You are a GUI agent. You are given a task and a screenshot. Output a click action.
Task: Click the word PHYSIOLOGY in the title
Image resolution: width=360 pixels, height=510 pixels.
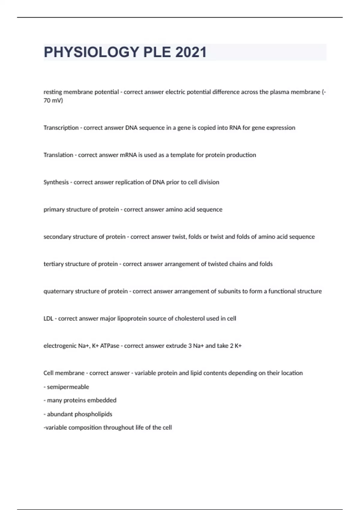tap(91, 52)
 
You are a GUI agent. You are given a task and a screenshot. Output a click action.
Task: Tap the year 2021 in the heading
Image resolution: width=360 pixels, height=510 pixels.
tap(191, 52)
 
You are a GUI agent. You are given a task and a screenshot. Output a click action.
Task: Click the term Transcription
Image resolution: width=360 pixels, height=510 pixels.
tap(61, 128)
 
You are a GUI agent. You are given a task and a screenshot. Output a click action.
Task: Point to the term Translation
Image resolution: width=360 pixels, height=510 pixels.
tap(58, 155)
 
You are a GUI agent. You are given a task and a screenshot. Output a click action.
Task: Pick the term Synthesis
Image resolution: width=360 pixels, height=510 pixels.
tap(56, 182)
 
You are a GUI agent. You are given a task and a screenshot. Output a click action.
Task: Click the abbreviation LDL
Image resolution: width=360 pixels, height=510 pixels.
tap(48, 319)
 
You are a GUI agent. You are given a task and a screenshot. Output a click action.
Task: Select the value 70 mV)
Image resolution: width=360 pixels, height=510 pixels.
tap(53, 100)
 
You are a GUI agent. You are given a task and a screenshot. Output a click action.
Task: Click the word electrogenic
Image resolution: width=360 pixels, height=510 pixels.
tap(60, 346)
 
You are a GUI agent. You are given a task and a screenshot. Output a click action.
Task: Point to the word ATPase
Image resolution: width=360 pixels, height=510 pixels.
tap(109, 346)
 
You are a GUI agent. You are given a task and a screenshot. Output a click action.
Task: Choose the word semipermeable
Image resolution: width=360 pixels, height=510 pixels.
tap(68, 387)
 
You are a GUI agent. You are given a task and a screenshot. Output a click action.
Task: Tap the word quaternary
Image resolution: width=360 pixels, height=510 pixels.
tap(58, 291)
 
